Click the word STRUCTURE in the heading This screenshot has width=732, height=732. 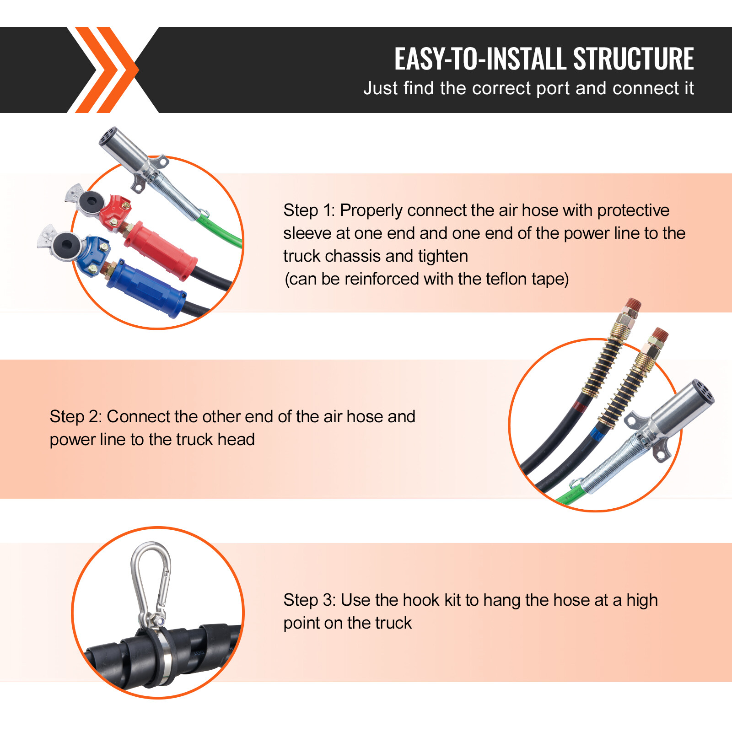point(633,59)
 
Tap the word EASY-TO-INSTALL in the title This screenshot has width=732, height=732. point(480,59)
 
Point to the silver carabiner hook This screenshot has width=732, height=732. point(151,581)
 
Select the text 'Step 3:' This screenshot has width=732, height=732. point(309,600)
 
